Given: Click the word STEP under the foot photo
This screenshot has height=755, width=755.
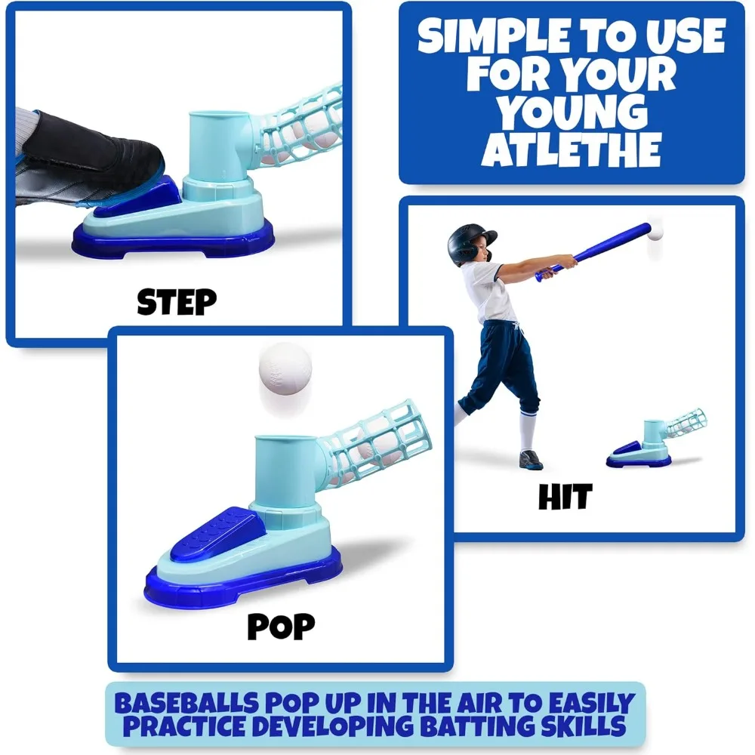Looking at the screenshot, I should pyautogui.click(x=177, y=301).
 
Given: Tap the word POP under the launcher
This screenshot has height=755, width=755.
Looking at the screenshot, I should pyautogui.click(x=281, y=625).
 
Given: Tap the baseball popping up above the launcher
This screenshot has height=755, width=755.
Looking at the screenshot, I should pyautogui.click(x=285, y=368).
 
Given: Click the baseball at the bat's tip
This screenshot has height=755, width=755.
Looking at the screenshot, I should pyautogui.click(x=654, y=233).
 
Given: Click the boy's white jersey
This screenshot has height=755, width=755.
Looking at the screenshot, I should pyautogui.click(x=493, y=291).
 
